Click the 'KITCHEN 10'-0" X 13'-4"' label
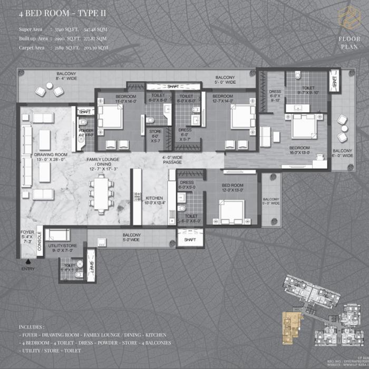click(155, 200)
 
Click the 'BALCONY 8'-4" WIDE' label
click(67, 77)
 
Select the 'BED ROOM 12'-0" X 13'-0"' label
click(232, 188)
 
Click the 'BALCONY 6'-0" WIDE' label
click(342, 153)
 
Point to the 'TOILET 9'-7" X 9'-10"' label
click(308, 92)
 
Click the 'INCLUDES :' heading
click(32, 327)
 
